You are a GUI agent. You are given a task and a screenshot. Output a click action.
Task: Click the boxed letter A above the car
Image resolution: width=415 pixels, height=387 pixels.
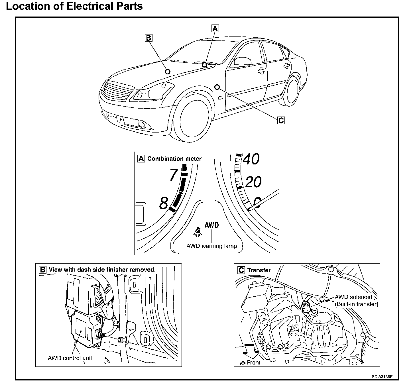coord(215,28)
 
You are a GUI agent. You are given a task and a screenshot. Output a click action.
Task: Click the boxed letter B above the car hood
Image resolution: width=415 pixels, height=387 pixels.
coord(148,38)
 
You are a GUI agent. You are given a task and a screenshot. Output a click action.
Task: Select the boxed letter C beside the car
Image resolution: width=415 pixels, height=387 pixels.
coord(281,120)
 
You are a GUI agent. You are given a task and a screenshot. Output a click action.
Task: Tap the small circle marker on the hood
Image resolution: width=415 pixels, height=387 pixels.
coord(168,72)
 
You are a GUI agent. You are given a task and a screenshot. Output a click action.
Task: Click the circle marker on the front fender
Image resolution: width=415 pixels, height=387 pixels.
coord(217,87)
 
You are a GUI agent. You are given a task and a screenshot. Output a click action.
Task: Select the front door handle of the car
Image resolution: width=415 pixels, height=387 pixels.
coord(261,71)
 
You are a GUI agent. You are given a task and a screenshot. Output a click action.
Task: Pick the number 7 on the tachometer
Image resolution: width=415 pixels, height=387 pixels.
coord(173,174)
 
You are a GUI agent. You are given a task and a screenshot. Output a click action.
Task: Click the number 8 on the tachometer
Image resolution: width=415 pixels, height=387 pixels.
coord(164,203)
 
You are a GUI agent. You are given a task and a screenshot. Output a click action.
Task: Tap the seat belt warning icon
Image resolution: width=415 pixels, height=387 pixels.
coord(198,232)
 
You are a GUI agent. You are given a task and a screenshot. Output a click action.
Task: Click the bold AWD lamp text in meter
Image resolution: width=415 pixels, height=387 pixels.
coord(211,225)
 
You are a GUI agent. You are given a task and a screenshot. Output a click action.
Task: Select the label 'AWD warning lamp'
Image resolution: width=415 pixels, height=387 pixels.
coord(211,246)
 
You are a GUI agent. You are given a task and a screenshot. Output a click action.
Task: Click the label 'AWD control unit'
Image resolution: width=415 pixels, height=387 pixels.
coord(70,358)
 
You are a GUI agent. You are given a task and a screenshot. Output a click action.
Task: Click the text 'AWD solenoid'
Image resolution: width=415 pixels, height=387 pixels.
coord(353,297)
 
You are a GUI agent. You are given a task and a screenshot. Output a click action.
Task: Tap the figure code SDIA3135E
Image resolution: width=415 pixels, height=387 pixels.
coord(382,377)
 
